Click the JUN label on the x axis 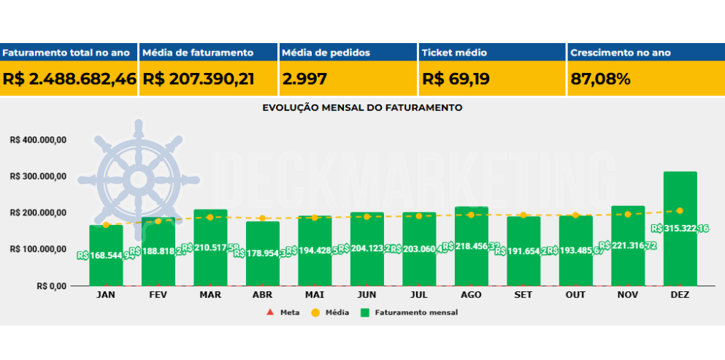(x=367, y=295)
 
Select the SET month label (x=523, y=295)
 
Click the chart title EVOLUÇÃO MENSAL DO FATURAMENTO (x=362, y=107)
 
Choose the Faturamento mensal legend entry (x=409, y=313)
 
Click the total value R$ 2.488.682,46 (x=69, y=79)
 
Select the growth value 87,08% (x=600, y=79)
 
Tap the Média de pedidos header (x=326, y=53)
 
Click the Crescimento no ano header (x=621, y=53)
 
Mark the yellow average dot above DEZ (x=680, y=210)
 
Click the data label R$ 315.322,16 (x=680, y=229)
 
